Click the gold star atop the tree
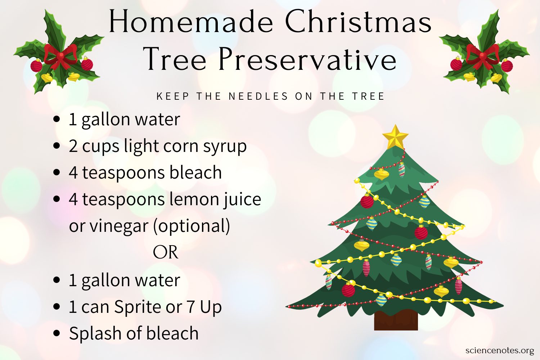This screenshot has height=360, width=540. [x=395, y=137]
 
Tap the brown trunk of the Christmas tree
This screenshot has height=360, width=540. [x=396, y=320]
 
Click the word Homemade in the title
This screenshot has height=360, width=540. [x=191, y=21]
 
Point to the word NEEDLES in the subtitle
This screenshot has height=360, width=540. [x=258, y=96]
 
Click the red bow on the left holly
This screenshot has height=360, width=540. [x=60, y=56]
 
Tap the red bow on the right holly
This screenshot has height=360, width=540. [x=482, y=56]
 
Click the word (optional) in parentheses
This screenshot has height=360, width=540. [x=192, y=226]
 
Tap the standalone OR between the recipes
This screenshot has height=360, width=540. [x=166, y=252]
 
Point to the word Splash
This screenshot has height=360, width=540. [x=95, y=333]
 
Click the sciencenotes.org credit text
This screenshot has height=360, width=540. [x=500, y=350]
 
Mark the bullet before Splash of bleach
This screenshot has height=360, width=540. [x=57, y=333]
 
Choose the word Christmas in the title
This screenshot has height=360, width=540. [x=358, y=21]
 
